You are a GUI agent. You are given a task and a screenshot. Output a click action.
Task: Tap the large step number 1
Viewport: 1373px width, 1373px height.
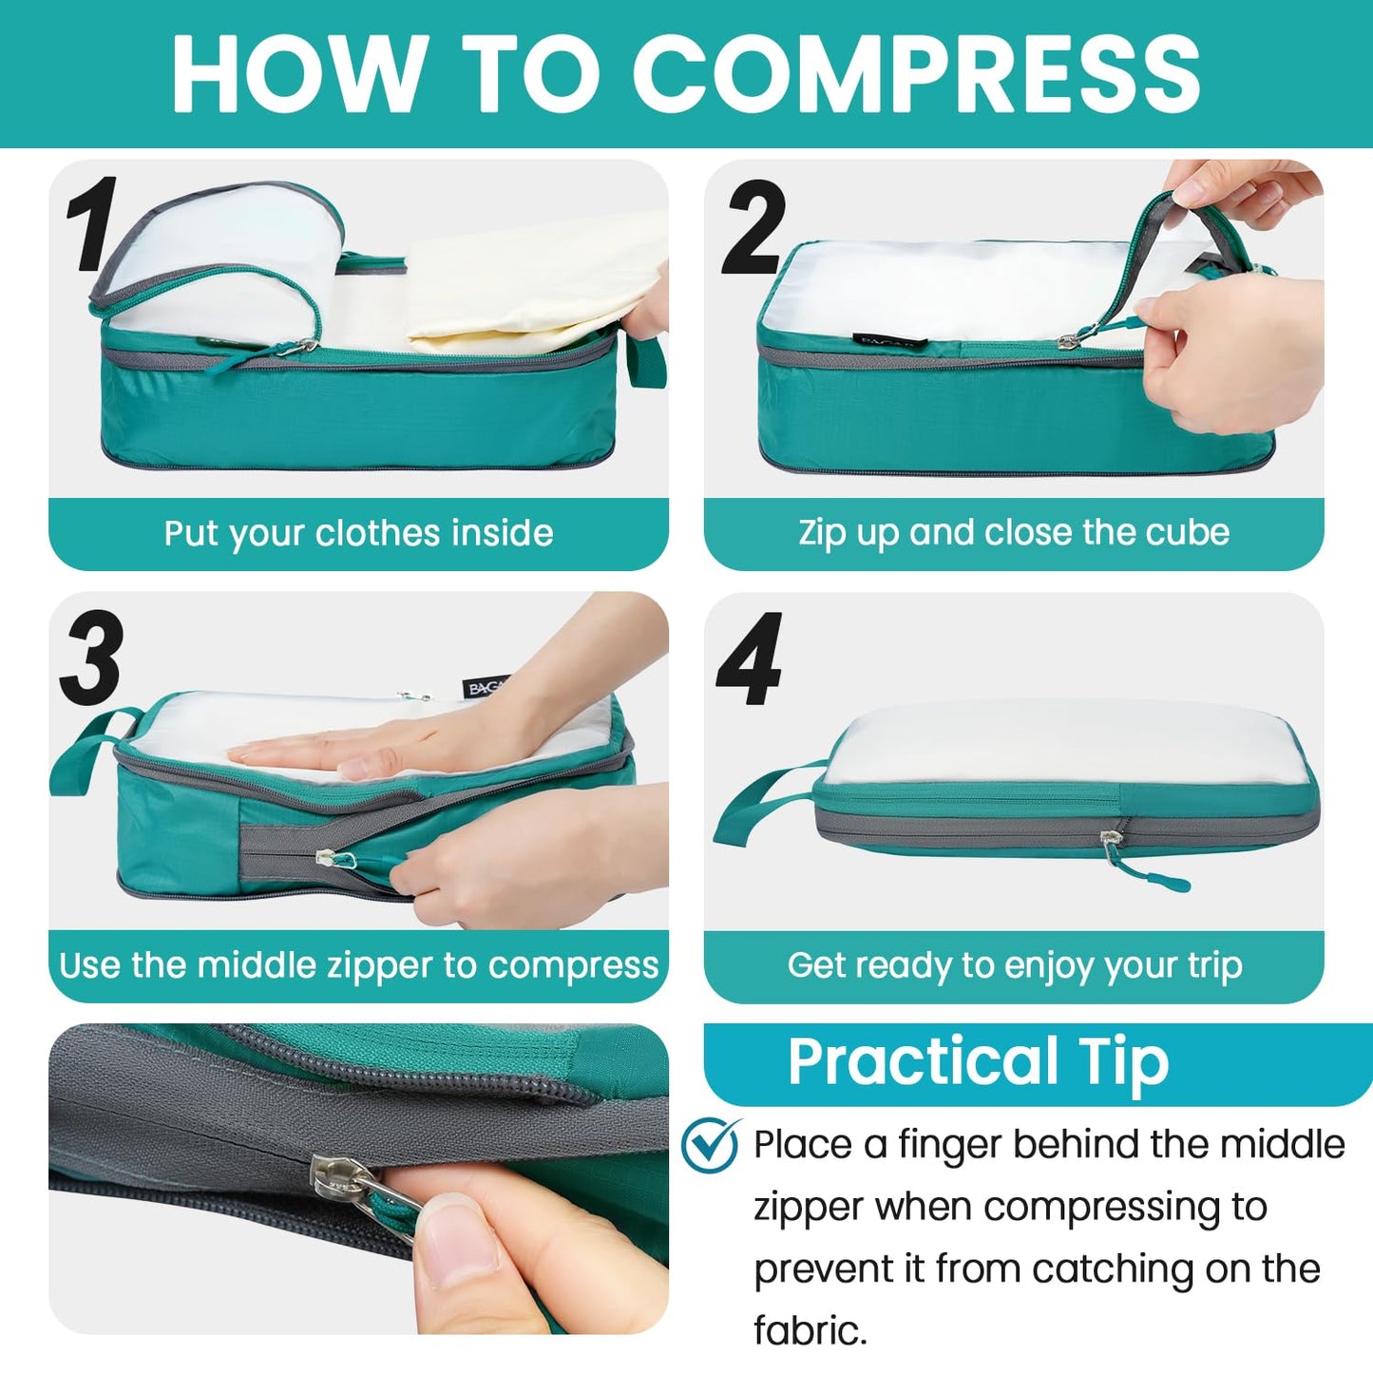pyautogui.click(x=92, y=225)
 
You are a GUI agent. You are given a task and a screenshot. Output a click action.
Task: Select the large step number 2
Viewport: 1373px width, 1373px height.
pyautogui.click(x=753, y=228)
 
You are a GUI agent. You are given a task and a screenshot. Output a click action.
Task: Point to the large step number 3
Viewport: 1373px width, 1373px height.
pyautogui.click(x=92, y=658)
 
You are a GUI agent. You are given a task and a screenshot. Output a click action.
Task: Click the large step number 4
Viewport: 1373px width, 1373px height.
pyautogui.click(x=750, y=659)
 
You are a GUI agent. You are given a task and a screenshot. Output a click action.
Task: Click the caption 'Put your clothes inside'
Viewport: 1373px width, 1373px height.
pyautogui.click(x=358, y=533)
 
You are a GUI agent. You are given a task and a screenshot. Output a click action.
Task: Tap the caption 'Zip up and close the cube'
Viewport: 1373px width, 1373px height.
pyautogui.click(x=1013, y=532)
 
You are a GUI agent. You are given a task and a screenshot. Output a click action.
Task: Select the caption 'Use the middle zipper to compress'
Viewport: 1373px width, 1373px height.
pyautogui.click(x=358, y=965)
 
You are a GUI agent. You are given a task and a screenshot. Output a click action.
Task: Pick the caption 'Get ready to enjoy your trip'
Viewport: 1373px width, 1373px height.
pyautogui.click(x=1014, y=965)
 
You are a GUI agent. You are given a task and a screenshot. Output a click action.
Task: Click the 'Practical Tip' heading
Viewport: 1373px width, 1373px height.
pyautogui.click(x=978, y=1061)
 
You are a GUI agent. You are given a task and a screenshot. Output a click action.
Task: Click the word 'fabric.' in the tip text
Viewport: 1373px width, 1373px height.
pyautogui.click(x=810, y=1330)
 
